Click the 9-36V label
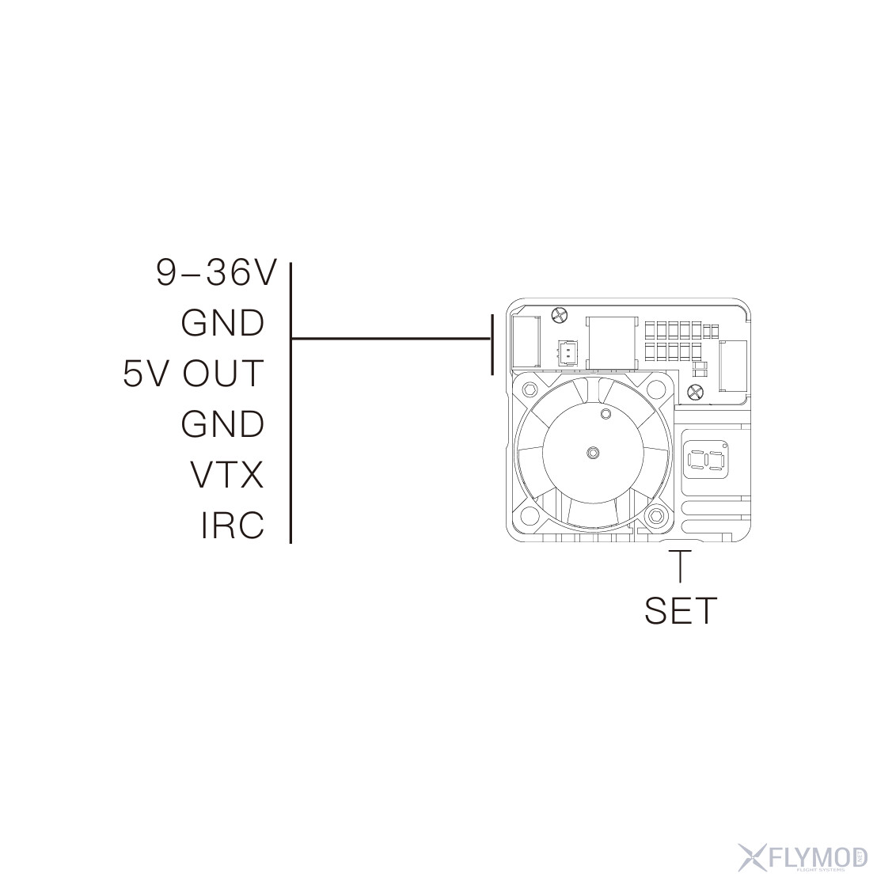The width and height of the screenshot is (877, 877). (216, 273)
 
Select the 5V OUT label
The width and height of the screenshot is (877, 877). (192, 374)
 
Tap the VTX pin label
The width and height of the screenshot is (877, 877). (226, 475)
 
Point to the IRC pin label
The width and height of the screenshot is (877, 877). (232, 526)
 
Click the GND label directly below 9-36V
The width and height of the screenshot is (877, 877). (222, 323)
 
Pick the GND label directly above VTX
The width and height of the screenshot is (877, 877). (222, 424)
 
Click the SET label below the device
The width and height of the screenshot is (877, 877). (680, 610)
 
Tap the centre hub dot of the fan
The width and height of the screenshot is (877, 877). (593, 452)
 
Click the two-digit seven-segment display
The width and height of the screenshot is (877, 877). (706, 460)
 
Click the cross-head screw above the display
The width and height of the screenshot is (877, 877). (696, 391)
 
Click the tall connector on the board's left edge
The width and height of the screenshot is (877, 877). (526, 340)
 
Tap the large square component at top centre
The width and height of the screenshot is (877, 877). (610, 341)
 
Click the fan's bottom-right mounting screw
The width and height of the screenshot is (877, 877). (655, 516)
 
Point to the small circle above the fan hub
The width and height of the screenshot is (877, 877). (606, 415)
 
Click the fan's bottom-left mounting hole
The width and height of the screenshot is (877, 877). (529, 517)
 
